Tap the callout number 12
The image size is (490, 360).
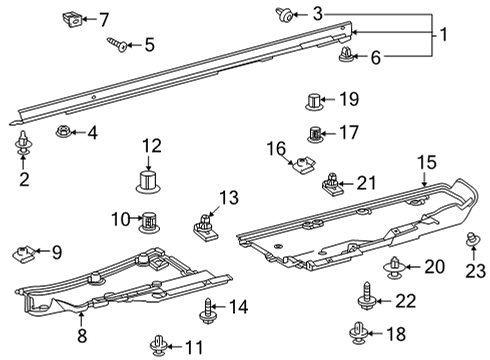151,147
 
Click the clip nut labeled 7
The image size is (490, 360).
72,17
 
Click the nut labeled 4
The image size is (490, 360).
62,132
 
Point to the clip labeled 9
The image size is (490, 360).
25,252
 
